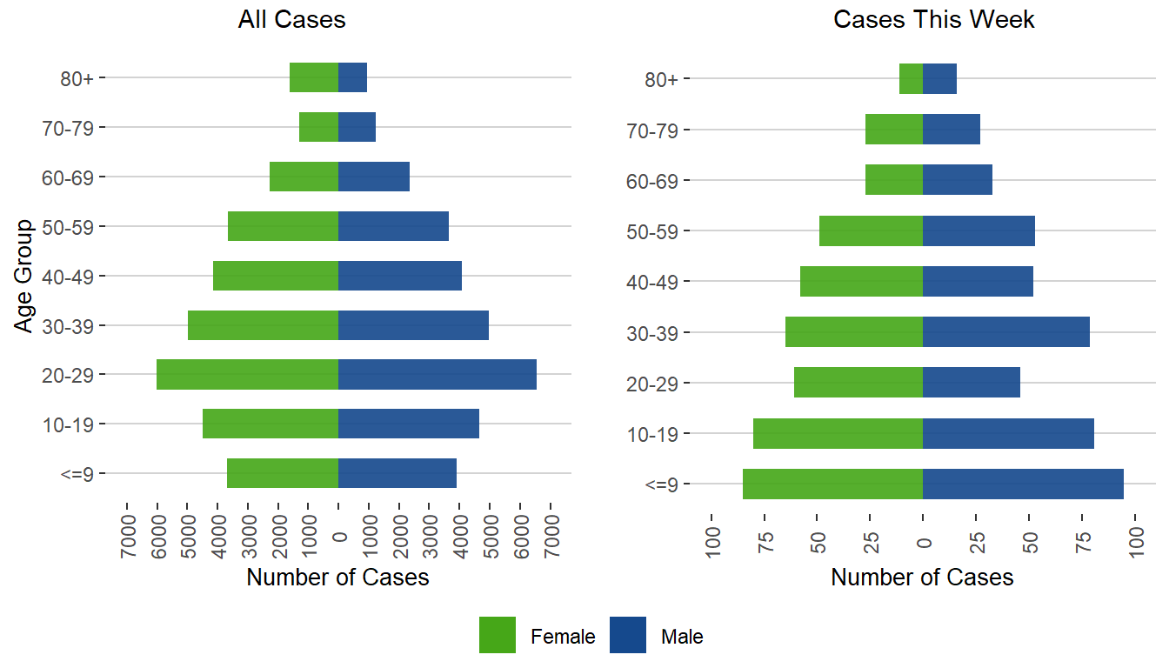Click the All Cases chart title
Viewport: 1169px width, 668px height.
(291, 20)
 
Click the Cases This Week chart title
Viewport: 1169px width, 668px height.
(933, 20)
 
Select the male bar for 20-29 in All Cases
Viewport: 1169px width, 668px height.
(437, 375)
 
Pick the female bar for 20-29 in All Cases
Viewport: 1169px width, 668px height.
(247, 375)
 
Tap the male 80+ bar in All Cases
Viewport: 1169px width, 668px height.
(352, 77)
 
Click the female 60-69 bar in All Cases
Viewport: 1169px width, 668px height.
(304, 177)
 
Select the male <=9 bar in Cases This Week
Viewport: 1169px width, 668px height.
(1023, 484)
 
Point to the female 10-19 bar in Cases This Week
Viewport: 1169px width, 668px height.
(838, 433)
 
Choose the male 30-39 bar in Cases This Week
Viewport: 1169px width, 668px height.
(1005, 332)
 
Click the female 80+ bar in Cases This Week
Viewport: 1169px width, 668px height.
(911, 79)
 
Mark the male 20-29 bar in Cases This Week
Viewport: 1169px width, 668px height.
(971, 383)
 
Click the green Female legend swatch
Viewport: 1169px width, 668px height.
(498, 635)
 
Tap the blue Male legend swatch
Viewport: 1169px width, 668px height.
(628, 635)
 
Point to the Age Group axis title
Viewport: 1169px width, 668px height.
(24, 276)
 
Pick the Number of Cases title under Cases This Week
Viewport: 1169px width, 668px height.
(922, 578)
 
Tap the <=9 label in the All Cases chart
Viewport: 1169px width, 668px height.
(84, 475)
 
